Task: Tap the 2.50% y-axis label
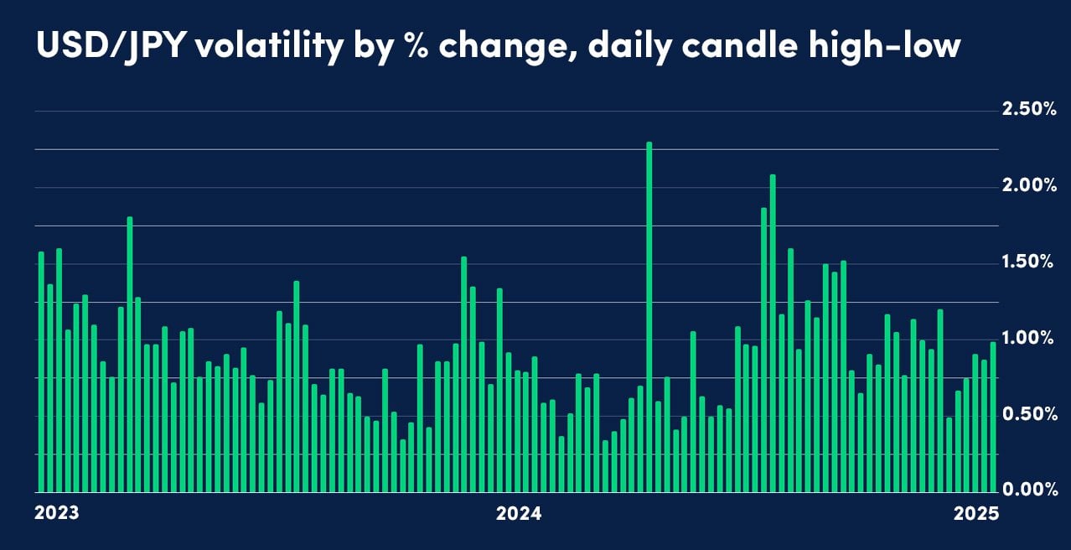[1028, 110]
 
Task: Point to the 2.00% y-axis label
[1028, 185]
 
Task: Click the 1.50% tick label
[1028, 262]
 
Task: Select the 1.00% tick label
[1028, 338]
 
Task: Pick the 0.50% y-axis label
[1028, 414]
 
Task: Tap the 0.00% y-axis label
[1028, 490]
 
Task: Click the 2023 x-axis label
[57, 513]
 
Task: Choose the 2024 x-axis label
[519, 513]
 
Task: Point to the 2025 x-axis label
[976, 513]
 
